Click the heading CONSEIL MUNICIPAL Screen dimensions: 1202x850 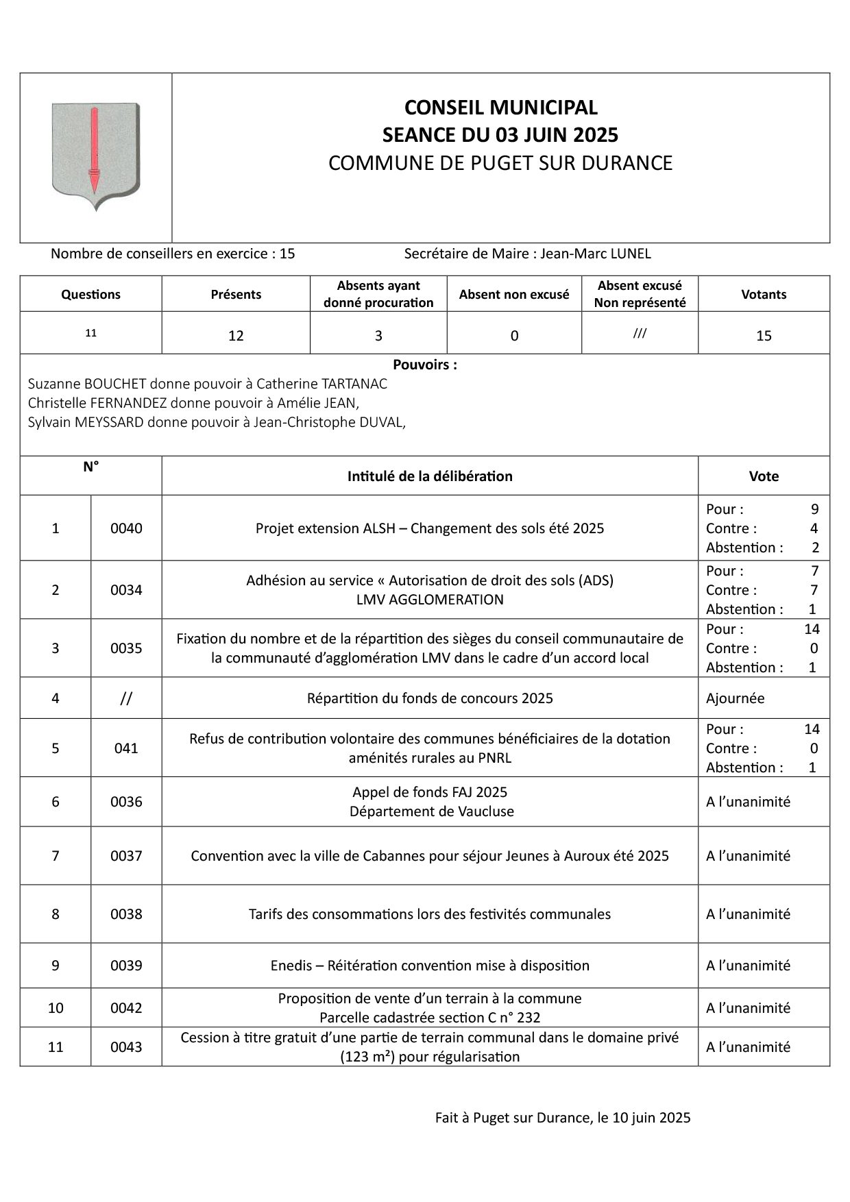pyautogui.click(x=500, y=108)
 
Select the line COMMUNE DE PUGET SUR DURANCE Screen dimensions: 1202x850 pyautogui.click(x=500, y=163)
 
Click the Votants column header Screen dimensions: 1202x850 pyautogui.click(x=763, y=294)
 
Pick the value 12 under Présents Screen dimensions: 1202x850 pyautogui.click(x=236, y=335)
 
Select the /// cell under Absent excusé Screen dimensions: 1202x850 pyautogui.click(x=640, y=334)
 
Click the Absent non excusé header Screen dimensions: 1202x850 pyautogui.click(x=513, y=294)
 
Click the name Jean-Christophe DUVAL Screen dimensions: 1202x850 pyautogui.click(x=329, y=422)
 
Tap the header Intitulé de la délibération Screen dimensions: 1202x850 pyautogui.click(x=430, y=476)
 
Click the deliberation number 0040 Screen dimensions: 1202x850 pyautogui.click(x=126, y=528)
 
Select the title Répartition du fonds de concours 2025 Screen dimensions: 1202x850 pyautogui.click(x=430, y=698)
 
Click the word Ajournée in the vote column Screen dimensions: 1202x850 pyautogui.click(x=735, y=698)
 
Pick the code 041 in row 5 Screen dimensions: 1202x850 pyautogui.click(x=126, y=748)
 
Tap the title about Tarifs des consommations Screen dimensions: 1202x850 pyautogui.click(x=430, y=914)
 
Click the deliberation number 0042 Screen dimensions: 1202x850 pyautogui.click(x=126, y=1008)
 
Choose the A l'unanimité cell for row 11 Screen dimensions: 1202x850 pyautogui.click(x=748, y=1047)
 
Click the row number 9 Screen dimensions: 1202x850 pyautogui.click(x=56, y=966)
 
